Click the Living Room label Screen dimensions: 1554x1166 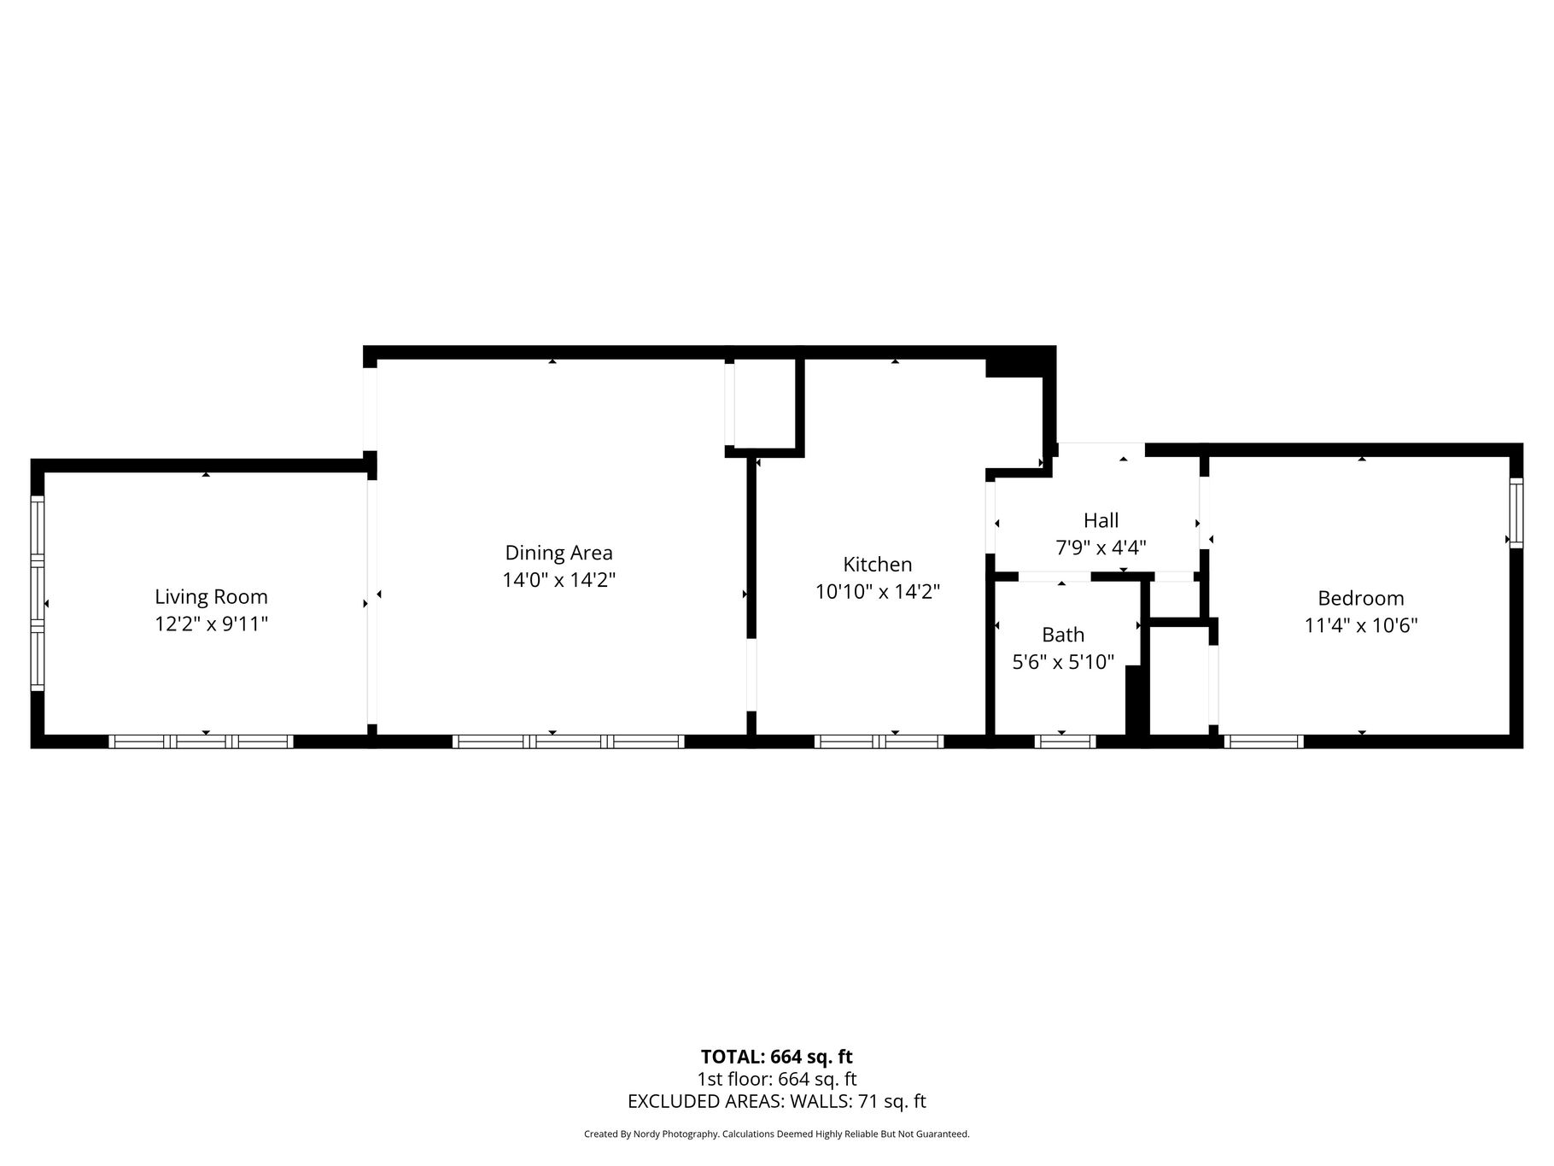click(211, 597)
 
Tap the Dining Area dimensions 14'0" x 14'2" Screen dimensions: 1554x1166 click(558, 580)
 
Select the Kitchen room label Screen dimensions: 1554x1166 click(878, 565)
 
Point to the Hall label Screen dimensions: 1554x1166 click(1101, 520)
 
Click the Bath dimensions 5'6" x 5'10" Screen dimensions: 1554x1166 click(1063, 662)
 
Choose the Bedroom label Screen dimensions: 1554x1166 click(1361, 598)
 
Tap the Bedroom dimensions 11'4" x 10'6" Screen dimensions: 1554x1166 click(1361, 625)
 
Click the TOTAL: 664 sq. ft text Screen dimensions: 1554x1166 click(777, 1058)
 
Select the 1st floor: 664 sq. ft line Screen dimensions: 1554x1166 click(777, 1079)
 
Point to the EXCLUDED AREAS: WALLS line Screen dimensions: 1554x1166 click(777, 1101)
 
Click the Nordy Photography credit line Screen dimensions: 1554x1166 click(777, 1134)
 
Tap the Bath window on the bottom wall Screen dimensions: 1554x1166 click(1065, 741)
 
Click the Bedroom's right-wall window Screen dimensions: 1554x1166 click(1516, 513)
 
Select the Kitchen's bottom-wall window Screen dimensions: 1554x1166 click(879, 741)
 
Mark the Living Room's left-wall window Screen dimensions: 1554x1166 click(38, 594)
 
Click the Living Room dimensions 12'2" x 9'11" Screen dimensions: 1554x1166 click(211, 624)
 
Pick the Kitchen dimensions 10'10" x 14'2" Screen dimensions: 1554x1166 click(878, 591)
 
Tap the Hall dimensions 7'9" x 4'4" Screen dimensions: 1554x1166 click(1101, 548)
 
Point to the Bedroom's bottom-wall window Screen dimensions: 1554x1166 click(1264, 741)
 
